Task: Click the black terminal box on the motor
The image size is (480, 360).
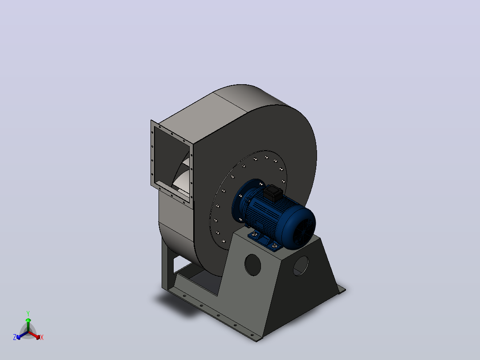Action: click(273, 193)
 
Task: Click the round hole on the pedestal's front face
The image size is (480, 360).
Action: click(253, 265)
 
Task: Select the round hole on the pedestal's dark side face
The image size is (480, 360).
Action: click(301, 266)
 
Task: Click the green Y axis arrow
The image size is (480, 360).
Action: click(28, 323)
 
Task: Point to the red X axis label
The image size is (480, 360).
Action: click(42, 337)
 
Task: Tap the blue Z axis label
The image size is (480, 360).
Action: click(15, 337)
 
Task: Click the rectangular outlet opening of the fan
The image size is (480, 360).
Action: click(171, 162)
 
